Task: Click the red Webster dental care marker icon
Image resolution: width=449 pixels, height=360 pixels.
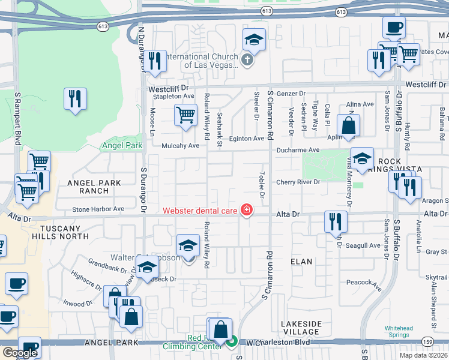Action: (x=246, y=209)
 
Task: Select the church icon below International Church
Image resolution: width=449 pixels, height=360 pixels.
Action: (x=247, y=59)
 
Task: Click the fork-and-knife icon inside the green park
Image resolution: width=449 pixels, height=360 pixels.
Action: (x=75, y=99)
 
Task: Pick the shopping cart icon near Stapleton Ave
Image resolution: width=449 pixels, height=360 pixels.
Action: (x=185, y=115)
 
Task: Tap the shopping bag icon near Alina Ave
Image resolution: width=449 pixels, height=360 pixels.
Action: (x=348, y=126)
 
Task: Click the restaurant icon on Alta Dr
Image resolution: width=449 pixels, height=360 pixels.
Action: (x=336, y=222)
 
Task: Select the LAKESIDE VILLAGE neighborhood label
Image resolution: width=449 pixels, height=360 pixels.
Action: (x=301, y=328)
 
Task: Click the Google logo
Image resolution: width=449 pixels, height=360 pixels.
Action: (x=20, y=353)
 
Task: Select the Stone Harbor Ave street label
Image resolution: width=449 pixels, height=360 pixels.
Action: (x=98, y=209)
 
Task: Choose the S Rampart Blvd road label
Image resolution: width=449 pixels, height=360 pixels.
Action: (x=17, y=119)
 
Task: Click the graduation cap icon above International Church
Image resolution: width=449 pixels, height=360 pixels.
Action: (x=254, y=40)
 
